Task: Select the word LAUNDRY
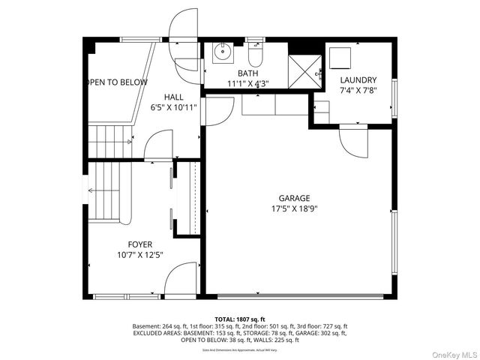pyautogui.click(x=358, y=80)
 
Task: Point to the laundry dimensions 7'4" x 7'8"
pyautogui.click(x=358, y=90)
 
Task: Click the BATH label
pyautogui.click(x=247, y=73)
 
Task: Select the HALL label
pyautogui.click(x=173, y=97)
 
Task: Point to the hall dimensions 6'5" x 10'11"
pyautogui.click(x=173, y=107)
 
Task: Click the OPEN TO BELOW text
pyautogui.click(x=116, y=82)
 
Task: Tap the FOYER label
pyautogui.click(x=139, y=244)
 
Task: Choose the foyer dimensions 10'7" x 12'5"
pyautogui.click(x=139, y=255)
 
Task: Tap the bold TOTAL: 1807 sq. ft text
pyautogui.click(x=240, y=319)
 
